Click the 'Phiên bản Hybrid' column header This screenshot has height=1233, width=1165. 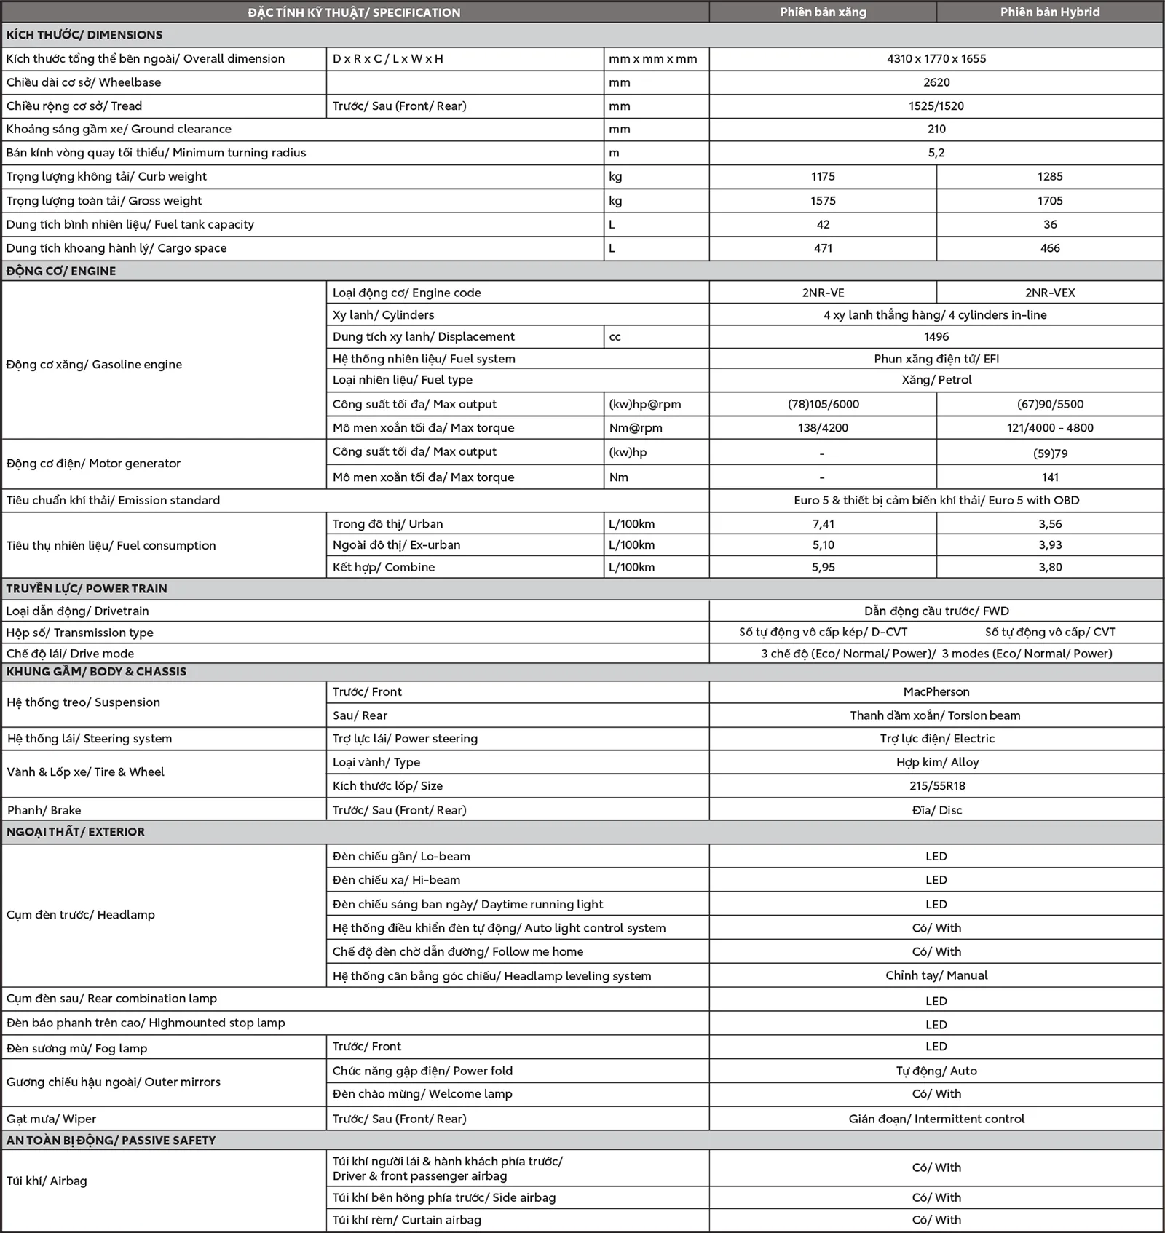coord(1049,12)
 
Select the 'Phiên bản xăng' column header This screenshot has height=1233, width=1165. coord(823,12)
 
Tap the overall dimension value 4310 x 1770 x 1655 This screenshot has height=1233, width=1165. coord(936,59)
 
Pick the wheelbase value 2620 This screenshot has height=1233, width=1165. coord(936,82)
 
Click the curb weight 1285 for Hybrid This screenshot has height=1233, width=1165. coord(1050,176)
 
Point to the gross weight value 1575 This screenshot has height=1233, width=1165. coord(823,201)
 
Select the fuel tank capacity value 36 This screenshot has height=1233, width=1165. coord(1050,224)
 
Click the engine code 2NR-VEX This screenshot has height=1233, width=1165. coord(1050,293)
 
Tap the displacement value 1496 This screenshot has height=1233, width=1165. coord(936,336)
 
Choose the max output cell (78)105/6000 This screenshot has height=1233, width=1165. coord(823,404)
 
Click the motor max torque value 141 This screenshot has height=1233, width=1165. coord(1050,477)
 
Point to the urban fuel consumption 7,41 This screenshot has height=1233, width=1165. coord(823,524)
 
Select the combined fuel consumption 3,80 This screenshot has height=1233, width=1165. coord(1050,567)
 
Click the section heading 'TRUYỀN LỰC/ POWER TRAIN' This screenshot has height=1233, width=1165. coord(87,589)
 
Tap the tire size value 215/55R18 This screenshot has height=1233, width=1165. coord(937,786)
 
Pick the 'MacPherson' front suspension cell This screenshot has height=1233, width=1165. coord(936,691)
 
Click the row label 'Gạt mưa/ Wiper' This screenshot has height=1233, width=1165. coord(51,1119)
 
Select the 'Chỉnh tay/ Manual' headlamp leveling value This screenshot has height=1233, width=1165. coord(936,975)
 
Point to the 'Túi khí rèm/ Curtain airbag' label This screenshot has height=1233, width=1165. coord(406,1220)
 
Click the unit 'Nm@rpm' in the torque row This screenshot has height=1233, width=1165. coord(636,428)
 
